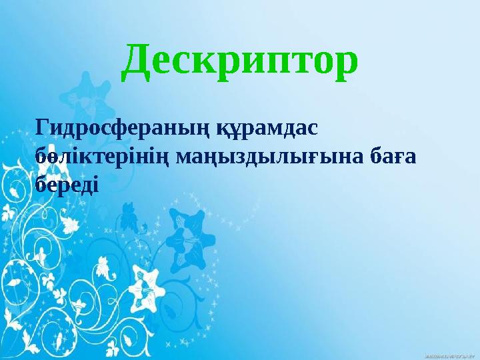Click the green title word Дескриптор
click(x=241, y=62)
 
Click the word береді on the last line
click(x=66, y=183)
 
